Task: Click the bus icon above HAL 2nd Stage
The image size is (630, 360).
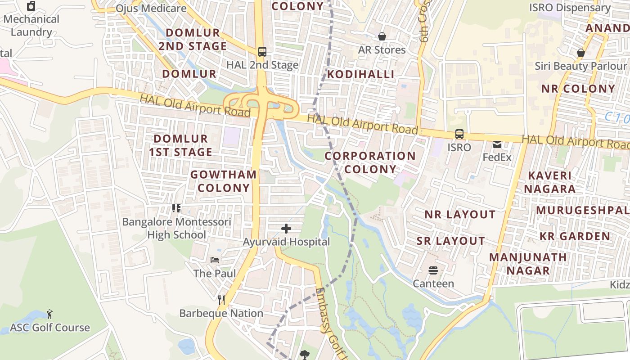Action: coord(262,52)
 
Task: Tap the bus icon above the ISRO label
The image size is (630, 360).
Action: coord(459,134)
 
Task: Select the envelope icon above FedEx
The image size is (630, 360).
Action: coord(497,144)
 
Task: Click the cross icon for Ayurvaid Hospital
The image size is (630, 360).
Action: coord(286,229)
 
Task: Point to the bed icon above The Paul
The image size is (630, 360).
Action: coord(215,260)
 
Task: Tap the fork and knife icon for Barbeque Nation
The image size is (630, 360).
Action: coord(221,300)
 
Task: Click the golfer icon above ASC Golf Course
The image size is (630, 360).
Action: coord(49,314)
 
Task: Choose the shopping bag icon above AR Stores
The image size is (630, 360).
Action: coord(382,36)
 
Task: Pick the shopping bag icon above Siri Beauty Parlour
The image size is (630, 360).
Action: coord(580,53)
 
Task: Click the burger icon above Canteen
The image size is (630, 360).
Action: coord(433,270)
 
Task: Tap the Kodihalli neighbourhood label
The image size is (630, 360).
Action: coord(360,74)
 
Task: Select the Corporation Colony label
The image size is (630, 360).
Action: coord(370,162)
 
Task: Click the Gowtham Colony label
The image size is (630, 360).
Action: coord(224,181)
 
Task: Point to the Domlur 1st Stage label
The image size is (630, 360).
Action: coord(180,145)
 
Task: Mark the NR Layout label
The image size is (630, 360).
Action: coord(460,214)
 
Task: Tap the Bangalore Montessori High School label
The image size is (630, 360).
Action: coord(177,228)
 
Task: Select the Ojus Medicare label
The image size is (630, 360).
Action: coord(151,8)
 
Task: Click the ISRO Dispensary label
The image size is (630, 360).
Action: coord(570,8)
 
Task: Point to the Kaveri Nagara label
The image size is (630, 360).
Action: coord(549,182)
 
